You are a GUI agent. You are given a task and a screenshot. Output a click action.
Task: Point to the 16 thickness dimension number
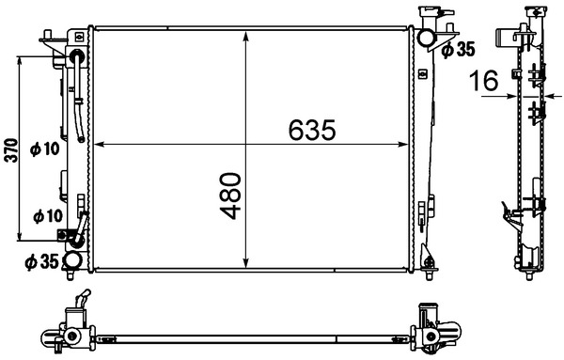click(x=485, y=82)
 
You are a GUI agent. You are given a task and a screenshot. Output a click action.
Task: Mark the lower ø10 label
click(x=46, y=215)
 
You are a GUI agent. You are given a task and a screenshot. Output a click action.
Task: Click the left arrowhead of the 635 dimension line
click(x=101, y=145)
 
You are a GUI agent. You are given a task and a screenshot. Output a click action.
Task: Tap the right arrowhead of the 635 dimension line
click(x=406, y=145)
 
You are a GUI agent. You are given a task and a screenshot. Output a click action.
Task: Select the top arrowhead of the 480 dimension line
click(x=245, y=36)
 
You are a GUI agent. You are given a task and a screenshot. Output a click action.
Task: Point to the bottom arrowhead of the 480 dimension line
click(x=245, y=265)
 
